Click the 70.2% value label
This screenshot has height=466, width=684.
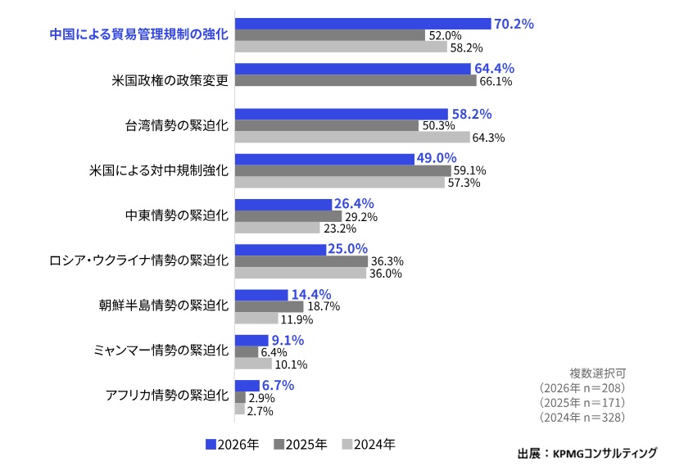[514, 24]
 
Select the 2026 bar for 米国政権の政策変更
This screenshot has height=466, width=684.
[353, 69]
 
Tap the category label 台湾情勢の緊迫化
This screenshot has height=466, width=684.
[176, 125]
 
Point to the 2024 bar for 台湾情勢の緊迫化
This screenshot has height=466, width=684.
[352, 138]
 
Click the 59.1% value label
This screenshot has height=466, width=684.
[469, 170]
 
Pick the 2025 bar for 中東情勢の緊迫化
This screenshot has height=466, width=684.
[288, 216]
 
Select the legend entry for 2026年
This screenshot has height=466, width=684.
[232, 445]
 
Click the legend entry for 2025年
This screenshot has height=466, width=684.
[300, 445]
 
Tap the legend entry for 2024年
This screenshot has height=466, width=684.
[368, 445]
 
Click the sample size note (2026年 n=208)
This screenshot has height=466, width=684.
[582, 387]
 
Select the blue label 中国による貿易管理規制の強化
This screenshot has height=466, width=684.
[138, 34]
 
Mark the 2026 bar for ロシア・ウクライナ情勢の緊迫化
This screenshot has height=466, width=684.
[280, 249]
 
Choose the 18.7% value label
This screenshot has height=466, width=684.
[323, 306]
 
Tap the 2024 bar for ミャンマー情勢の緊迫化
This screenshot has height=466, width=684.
[253, 364]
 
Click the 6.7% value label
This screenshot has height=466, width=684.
[277, 385]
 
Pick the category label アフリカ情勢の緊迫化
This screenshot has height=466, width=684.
[166, 396]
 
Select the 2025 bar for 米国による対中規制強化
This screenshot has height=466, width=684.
[342, 170]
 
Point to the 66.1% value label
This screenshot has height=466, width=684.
[496, 81]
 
